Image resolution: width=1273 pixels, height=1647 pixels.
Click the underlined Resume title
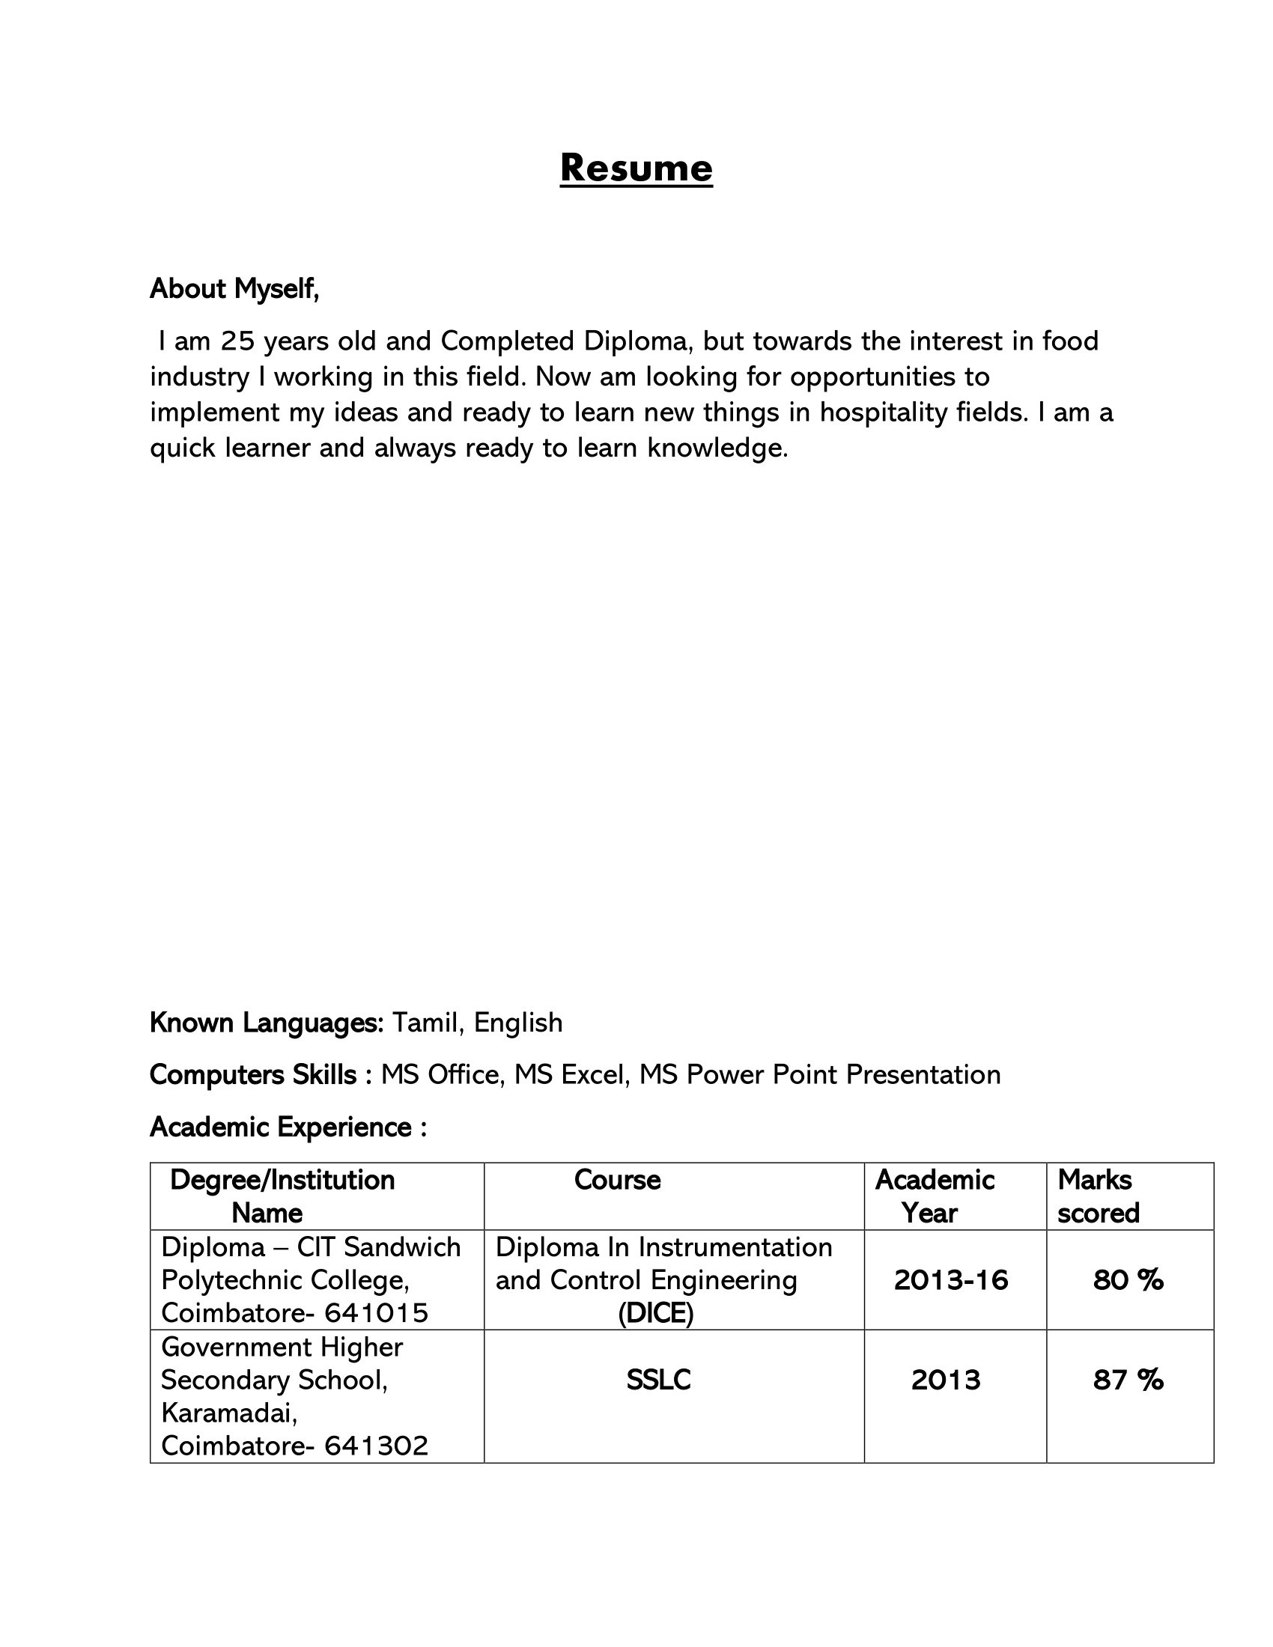pos(636,168)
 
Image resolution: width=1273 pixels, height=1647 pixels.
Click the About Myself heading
pos(234,289)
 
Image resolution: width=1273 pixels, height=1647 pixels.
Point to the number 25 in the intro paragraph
pos(238,341)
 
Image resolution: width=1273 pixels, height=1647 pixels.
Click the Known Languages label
pos(267,1023)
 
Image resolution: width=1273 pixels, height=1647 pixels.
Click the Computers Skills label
pos(253,1074)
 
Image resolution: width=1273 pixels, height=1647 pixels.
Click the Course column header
pos(617,1180)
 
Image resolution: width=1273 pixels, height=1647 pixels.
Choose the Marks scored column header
pos(1097,1196)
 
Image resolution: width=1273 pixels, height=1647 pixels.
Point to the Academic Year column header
pos(935,1196)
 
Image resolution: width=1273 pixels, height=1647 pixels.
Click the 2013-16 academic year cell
pos(950,1280)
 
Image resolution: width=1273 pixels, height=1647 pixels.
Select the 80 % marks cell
pos(1128,1280)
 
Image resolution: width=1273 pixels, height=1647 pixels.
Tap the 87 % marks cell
pos(1128,1380)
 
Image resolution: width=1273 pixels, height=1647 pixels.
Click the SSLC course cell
pos(658,1380)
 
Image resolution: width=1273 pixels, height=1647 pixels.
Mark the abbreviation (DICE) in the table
pos(655,1314)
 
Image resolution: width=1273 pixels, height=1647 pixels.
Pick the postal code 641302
pos(377,1446)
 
